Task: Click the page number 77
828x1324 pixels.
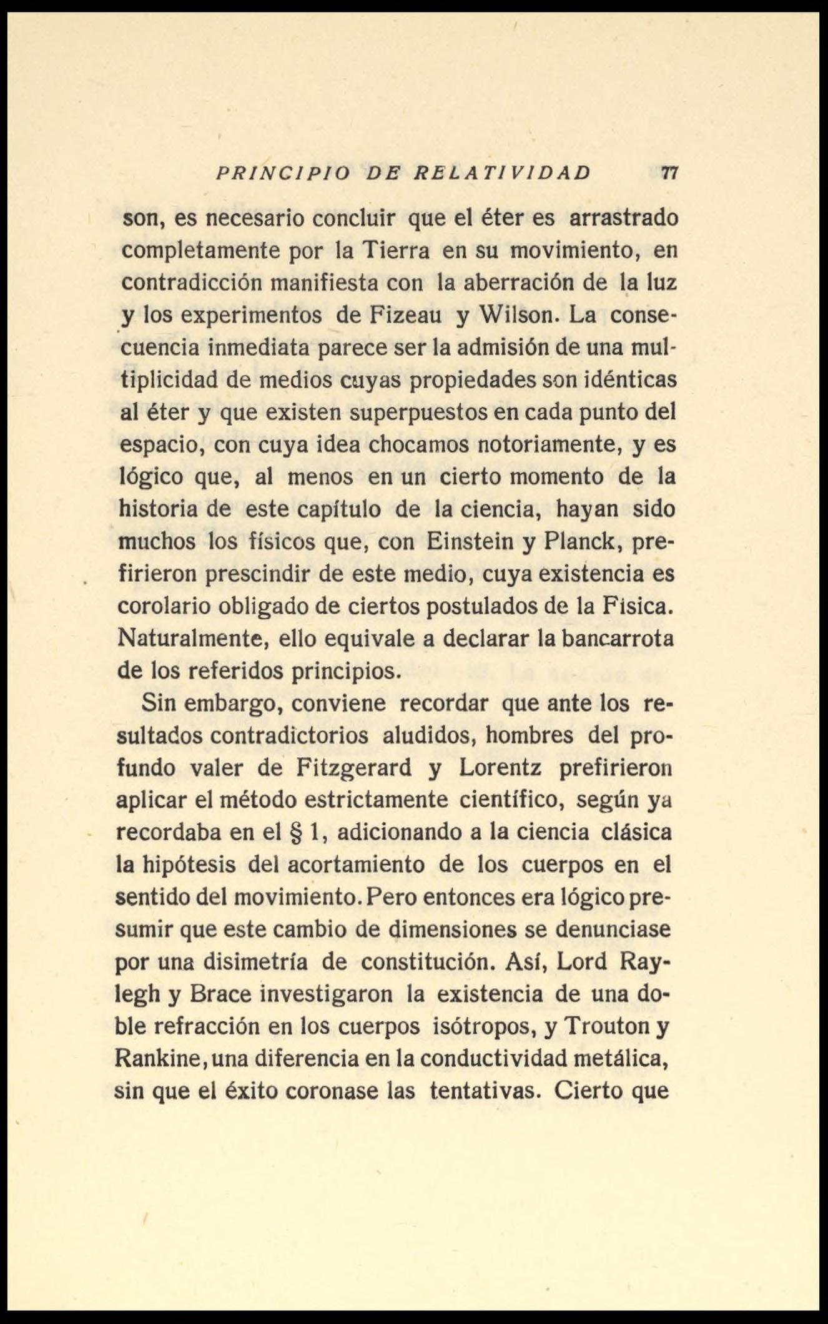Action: pos(669,172)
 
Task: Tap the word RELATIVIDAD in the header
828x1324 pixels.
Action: pos(503,173)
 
